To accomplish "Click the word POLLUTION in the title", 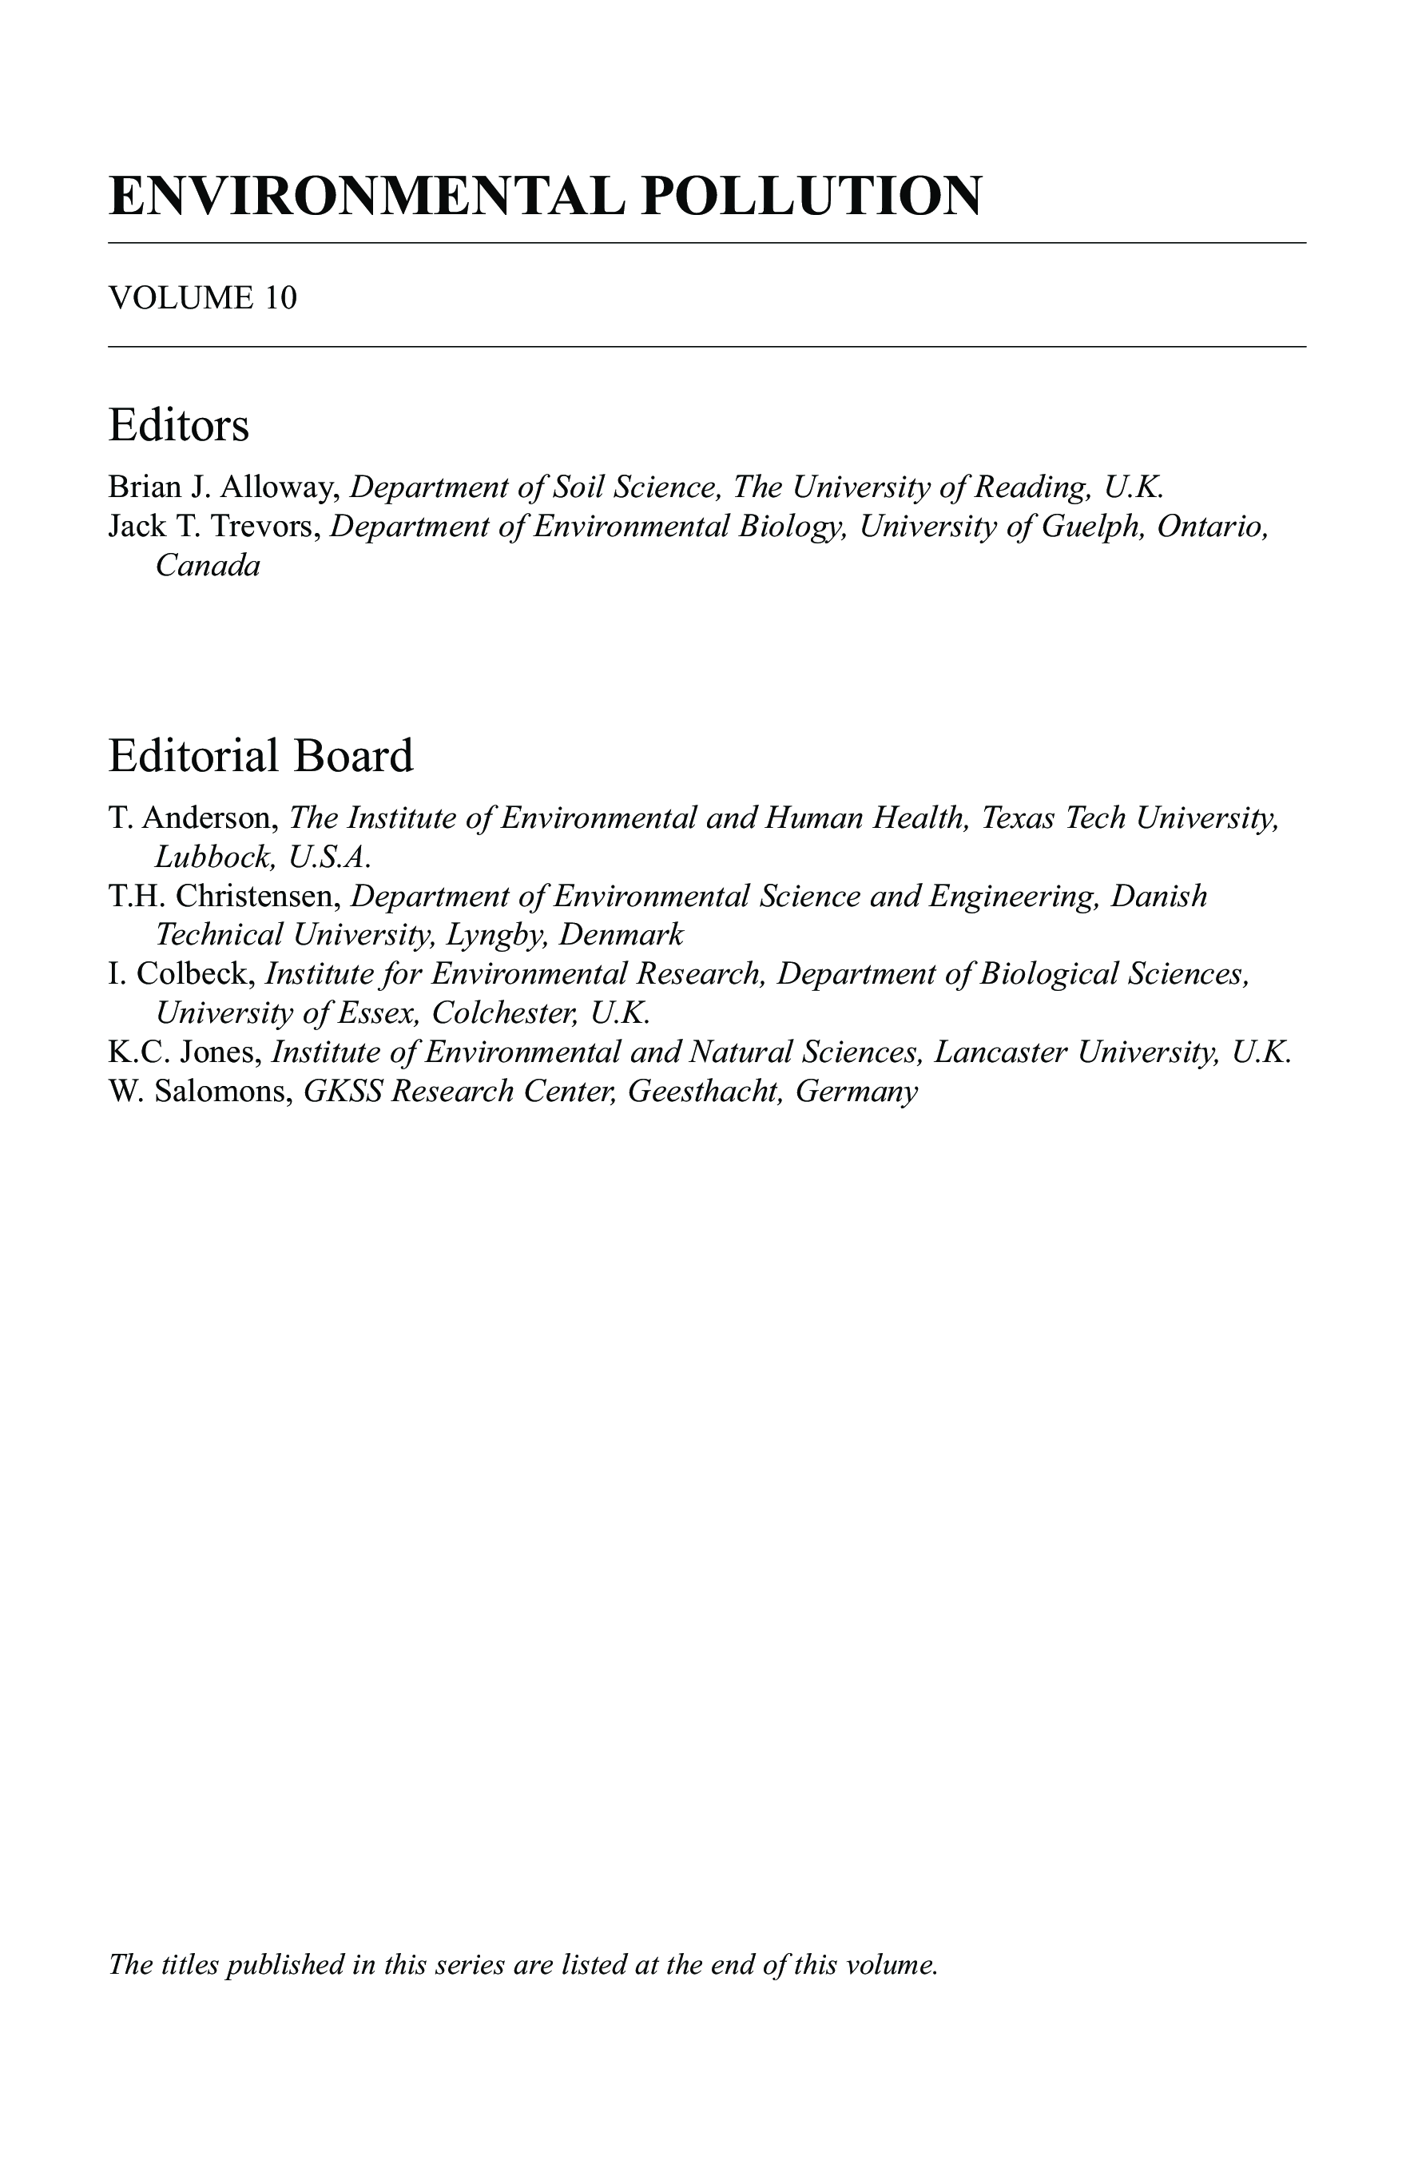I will [811, 196].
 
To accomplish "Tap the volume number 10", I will [281, 298].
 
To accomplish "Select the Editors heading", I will [178, 426].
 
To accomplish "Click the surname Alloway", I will [280, 487].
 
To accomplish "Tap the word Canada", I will [209, 567].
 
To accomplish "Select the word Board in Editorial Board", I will [363, 756].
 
